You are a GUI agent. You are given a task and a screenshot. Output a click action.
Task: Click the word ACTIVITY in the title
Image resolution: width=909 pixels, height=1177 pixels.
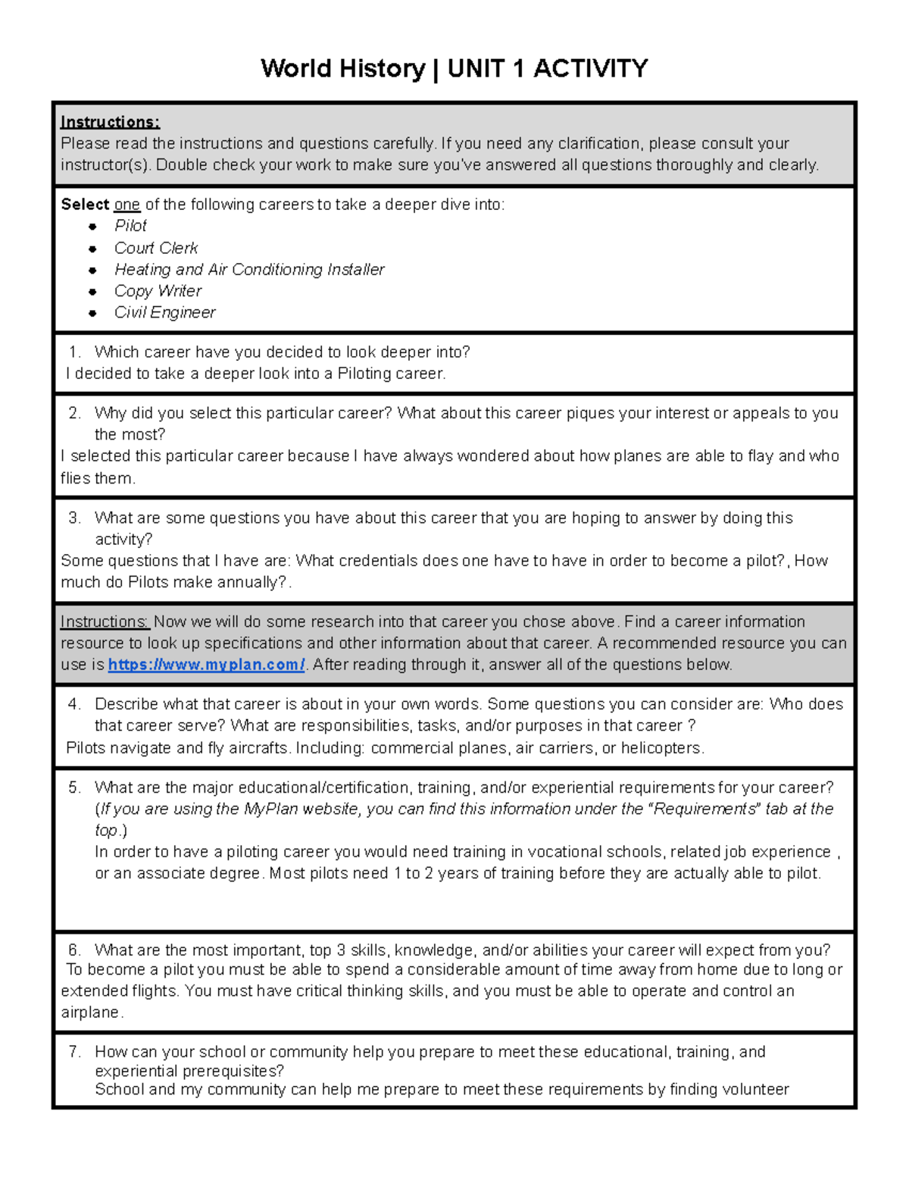tap(590, 69)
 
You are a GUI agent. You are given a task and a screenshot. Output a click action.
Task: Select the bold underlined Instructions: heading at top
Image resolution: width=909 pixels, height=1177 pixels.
tap(110, 122)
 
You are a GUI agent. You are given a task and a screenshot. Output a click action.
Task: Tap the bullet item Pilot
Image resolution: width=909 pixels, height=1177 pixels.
tap(130, 226)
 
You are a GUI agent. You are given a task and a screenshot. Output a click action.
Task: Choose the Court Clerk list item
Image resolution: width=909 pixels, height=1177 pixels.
tap(156, 248)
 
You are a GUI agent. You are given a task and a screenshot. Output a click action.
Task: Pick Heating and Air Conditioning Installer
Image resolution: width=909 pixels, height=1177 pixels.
tap(249, 270)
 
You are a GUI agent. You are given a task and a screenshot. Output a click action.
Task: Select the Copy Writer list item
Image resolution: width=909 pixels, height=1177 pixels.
tap(158, 291)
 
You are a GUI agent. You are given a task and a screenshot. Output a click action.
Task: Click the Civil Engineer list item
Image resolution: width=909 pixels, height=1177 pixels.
tap(164, 312)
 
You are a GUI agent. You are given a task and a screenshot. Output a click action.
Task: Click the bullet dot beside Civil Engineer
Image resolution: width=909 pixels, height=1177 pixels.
tap(92, 313)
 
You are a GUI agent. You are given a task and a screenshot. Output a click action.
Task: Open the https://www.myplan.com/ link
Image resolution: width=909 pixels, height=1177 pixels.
tap(206, 665)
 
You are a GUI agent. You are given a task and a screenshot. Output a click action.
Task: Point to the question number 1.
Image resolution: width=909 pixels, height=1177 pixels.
tap(73, 352)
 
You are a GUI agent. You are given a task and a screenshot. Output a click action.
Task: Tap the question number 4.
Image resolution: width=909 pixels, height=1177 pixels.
tap(73, 704)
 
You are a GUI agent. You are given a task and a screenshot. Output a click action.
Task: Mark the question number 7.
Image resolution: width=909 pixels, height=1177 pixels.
tap(73, 1052)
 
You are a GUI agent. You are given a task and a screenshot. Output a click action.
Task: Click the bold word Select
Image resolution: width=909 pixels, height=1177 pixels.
tap(85, 205)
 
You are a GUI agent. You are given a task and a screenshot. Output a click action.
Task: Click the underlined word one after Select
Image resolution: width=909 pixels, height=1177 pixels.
tap(127, 205)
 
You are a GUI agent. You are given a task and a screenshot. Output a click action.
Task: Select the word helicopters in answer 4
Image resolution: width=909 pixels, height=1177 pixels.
tap(661, 748)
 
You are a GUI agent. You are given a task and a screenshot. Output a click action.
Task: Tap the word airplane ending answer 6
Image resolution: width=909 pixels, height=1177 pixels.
tap(89, 1013)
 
